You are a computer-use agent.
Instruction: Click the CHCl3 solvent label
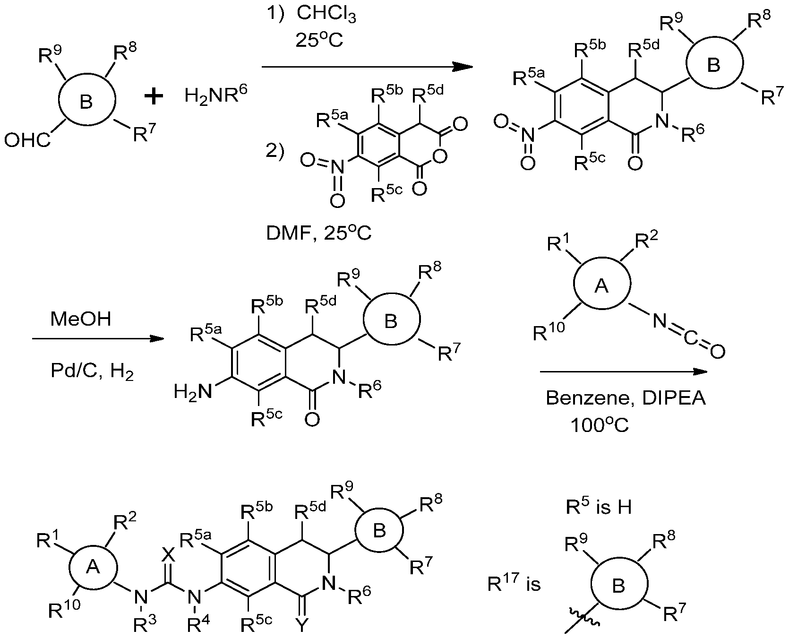[x=326, y=15]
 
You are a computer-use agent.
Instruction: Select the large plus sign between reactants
[x=154, y=97]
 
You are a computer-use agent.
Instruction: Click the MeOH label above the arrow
[x=81, y=319]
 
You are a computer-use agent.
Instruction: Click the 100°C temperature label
[x=600, y=425]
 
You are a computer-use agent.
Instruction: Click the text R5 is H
[x=599, y=507]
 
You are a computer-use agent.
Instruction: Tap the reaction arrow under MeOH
[x=98, y=339]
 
